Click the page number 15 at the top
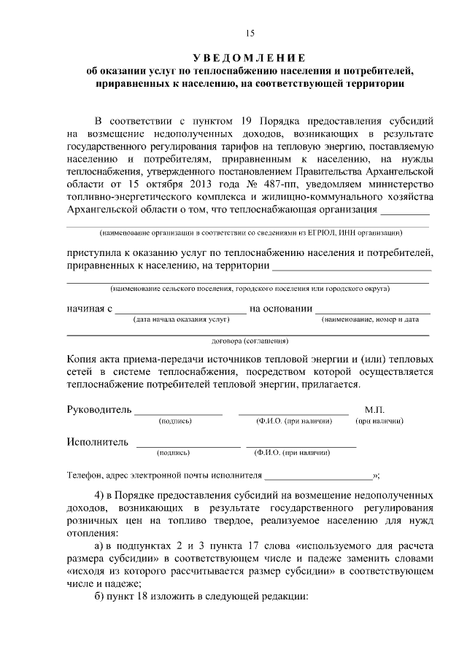click(x=250, y=33)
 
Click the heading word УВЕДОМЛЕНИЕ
click(x=249, y=58)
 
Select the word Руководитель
click(x=99, y=410)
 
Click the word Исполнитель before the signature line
click(x=98, y=442)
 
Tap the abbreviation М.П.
click(x=374, y=410)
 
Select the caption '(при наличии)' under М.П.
click(x=379, y=422)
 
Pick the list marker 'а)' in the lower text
click(x=101, y=547)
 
